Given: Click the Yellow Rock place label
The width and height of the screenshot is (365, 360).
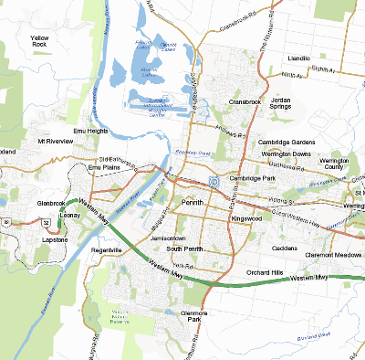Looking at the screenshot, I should click(39, 39).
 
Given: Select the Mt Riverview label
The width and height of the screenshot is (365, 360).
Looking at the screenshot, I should click(54, 143).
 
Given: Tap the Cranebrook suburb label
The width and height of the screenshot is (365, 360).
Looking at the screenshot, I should click(245, 101).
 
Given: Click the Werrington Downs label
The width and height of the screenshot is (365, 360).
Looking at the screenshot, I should click(287, 154).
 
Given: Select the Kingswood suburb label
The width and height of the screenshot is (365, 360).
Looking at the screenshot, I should click(245, 219).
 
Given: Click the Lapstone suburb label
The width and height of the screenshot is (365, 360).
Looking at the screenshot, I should click(57, 239).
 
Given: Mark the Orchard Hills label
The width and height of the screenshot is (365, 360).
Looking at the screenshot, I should click(265, 272).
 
